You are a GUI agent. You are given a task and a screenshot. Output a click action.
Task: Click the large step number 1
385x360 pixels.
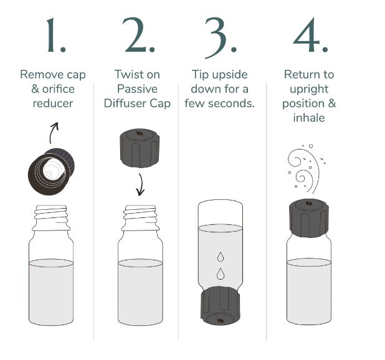click(55, 35)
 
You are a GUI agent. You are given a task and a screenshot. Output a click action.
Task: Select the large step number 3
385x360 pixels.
click(221, 38)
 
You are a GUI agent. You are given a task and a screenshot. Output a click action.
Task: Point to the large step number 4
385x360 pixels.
click(311, 35)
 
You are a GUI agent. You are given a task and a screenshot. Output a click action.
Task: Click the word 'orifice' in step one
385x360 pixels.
click(59, 89)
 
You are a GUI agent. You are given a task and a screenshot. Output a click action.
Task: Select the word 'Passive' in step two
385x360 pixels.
click(137, 89)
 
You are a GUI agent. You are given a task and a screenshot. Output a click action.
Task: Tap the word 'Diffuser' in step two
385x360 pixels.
click(125, 103)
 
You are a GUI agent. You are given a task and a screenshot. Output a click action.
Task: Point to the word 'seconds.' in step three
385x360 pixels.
click(231, 103)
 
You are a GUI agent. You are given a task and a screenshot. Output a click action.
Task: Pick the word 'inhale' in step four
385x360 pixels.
click(309, 118)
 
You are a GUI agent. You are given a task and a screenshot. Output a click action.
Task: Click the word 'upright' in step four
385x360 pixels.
click(309, 90)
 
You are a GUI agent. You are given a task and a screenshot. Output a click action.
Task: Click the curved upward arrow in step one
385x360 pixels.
click(52, 133)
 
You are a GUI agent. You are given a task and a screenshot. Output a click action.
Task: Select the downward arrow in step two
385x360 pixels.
click(140, 184)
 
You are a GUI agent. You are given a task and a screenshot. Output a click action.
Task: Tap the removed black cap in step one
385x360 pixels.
click(51, 171)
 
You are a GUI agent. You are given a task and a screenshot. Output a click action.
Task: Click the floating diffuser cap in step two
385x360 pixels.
click(140, 148)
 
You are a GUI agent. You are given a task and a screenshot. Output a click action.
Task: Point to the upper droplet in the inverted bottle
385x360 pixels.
click(221, 257)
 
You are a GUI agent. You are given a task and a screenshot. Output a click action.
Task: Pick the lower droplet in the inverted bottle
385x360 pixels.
click(221, 274)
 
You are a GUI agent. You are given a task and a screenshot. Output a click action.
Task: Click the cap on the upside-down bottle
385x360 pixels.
click(221, 306)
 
